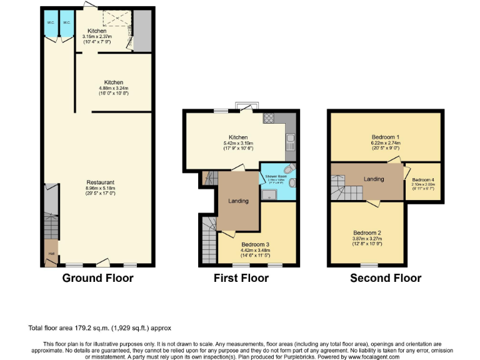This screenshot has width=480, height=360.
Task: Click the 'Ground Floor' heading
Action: [97, 278]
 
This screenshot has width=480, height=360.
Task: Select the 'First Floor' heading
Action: [240, 278]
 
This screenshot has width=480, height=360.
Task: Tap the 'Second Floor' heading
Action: [386, 278]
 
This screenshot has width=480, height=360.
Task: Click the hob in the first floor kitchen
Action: [270, 117]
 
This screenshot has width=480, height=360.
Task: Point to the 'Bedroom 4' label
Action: [422, 179]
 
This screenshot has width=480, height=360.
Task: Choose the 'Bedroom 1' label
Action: [386, 136]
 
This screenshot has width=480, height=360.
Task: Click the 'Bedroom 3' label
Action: [258, 244]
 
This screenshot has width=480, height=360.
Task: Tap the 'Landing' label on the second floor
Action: [374, 179]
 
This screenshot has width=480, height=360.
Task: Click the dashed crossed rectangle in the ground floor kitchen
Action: [114, 19]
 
